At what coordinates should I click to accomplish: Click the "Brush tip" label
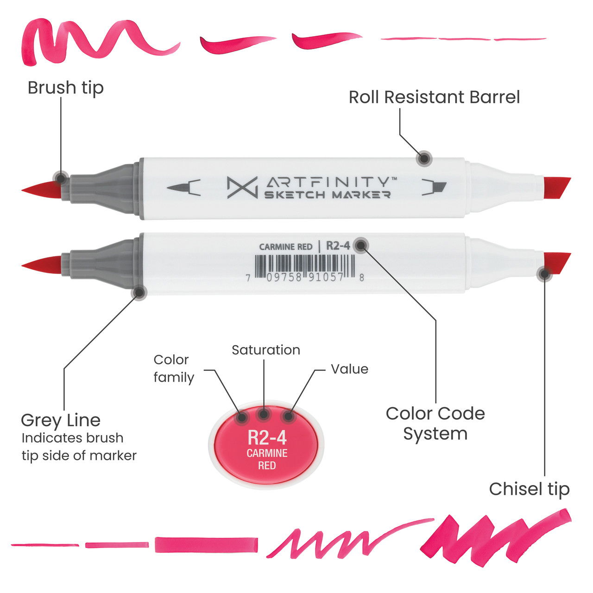[65, 88]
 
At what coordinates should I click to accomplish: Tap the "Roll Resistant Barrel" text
[434, 97]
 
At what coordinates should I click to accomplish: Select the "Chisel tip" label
[529, 489]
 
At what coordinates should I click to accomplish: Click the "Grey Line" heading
[61, 420]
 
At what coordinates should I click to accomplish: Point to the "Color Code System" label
[435, 423]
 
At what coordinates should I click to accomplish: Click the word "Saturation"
[265, 350]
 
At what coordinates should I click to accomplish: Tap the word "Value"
[349, 369]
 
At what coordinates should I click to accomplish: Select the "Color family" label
[173, 368]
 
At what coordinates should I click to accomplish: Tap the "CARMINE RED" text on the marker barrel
[285, 247]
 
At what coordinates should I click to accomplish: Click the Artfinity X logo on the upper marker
[242, 188]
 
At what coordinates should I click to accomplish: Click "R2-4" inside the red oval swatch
[267, 437]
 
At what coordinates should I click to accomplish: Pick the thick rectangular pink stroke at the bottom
[206, 545]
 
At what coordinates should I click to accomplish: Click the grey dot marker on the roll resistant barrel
[423, 158]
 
